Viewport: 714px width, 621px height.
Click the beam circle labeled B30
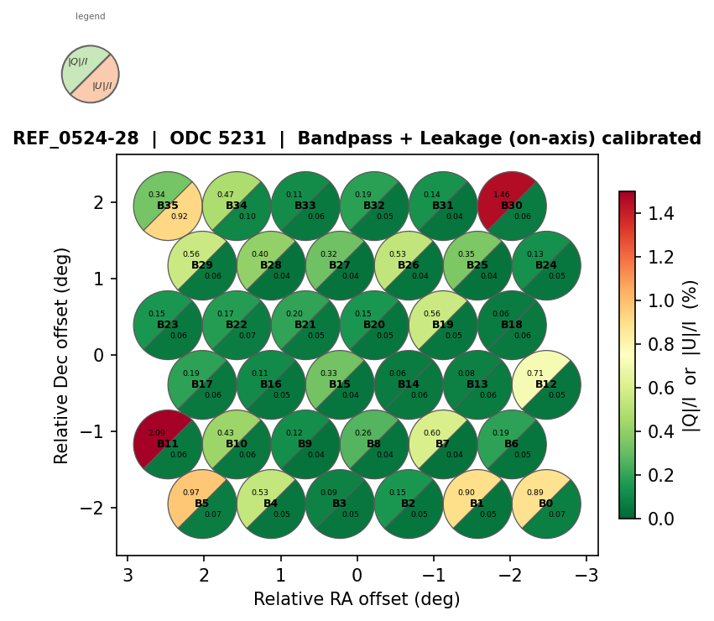tap(512, 206)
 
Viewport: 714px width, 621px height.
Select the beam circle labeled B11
tap(168, 444)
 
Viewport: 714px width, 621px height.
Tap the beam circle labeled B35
tap(168, 206)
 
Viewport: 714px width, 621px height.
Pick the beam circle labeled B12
tap(546, 384)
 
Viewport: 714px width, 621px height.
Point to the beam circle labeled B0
tap(546, 504)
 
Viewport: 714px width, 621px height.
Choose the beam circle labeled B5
tap(202, 504)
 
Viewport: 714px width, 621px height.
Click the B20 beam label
tap(374, 325)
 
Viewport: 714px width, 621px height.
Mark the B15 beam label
tap(340, 384)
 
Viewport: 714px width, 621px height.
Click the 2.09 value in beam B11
tap(157, 433)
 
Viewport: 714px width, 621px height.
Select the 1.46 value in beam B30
tap(502, 195)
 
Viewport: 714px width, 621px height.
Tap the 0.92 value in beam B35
tap(180, 217)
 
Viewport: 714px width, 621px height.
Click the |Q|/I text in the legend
tap(78, 61)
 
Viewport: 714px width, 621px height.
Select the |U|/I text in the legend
tap(102, 86)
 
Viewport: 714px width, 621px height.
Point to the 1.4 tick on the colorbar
tap(650, 213)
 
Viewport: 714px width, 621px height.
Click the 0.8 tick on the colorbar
tap(650, 344)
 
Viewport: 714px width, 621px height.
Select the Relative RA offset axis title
tap(357, 599)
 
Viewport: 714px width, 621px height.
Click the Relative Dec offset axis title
tap(62, 354)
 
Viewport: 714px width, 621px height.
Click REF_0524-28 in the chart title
tap(76, 138)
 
